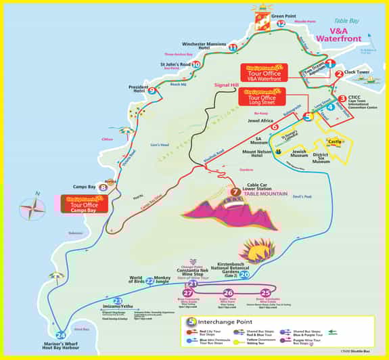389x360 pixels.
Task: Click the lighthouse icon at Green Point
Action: (x=261, y=9)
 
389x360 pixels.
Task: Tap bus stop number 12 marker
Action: (x=281, y=24)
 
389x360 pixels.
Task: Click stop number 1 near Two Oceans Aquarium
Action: (x=330, y=63)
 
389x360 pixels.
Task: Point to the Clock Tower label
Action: (x=356, y=72)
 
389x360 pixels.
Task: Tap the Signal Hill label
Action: (x=226, y=85)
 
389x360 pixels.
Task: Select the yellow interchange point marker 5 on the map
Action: (x=308, y=116)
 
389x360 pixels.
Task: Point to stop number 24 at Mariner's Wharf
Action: (x=62, y=334)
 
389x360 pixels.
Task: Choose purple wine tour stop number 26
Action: (x=228, y=292)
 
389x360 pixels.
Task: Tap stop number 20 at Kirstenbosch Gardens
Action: (x=244, y=274)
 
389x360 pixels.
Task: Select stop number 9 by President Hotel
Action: (x=152, y=91)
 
